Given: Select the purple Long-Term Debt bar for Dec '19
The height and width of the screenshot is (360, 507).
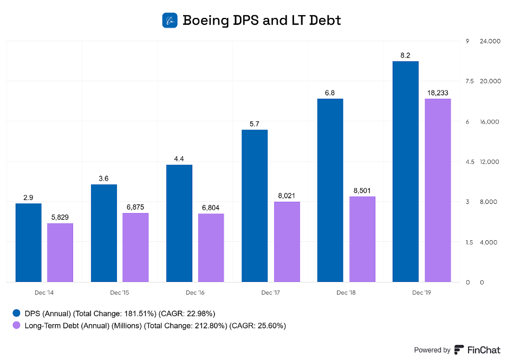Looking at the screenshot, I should point(438,190).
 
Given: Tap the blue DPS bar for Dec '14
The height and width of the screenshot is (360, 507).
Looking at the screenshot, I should point(28,242).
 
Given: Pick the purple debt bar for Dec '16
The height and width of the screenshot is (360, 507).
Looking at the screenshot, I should point(211,248).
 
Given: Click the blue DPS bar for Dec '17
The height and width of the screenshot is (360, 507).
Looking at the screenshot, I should point(255,205).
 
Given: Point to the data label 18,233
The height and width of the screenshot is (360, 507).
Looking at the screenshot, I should point(438,93).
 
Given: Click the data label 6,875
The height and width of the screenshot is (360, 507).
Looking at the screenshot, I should point(135,207).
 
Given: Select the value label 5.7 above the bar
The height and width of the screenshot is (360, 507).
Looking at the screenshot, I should point(255,124).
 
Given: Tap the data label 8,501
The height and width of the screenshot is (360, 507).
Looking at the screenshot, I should point(362,190).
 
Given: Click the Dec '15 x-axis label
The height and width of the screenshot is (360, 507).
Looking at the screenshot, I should point(119,293).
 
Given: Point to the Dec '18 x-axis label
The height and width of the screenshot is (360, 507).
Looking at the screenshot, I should point(346,293).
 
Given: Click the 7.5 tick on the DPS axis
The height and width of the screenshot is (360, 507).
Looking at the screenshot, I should point(469,81).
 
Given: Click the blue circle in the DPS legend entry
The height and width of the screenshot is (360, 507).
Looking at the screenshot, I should point(16,313).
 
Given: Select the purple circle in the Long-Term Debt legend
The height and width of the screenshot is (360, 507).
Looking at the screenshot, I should point(16,326).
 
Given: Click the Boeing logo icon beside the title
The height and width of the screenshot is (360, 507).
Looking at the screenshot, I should point(170,21).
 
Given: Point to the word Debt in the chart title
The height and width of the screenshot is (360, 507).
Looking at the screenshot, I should point(323,21).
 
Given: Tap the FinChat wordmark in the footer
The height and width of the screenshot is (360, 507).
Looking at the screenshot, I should point(483,350).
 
